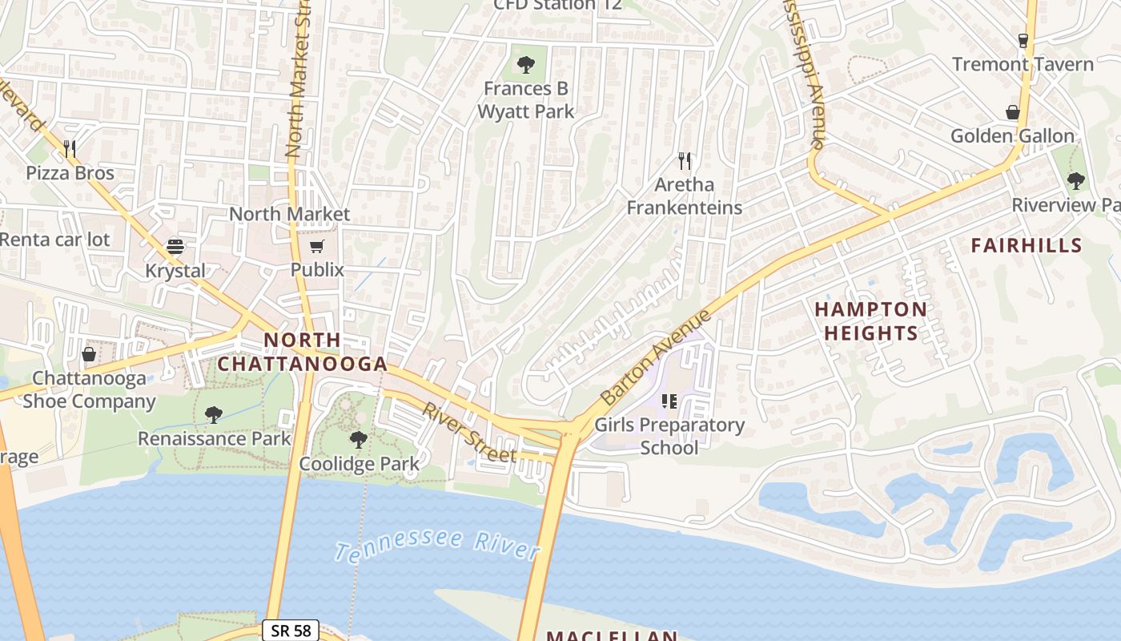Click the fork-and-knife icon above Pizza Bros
click(x=70, y=148)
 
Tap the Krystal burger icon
click(x=175, y=246)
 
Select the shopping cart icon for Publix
click(x=317, y=246)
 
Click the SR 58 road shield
click(x=291, y=630)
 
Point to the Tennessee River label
click(x=436, y=545)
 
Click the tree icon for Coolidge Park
click(x=359, y=439)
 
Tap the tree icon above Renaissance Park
click(x=213, y=414)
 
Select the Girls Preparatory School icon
click(x=669, y=401)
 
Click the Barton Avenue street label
click(x=656, y=357)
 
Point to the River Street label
click(x=469, y=433)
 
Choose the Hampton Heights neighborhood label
click(x=870, y=320)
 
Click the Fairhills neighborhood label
click(x=1026, y=245)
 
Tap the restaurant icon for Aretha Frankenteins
click(x=684, y=161)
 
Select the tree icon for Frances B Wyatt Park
click(x=526, y=64)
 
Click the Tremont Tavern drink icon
click(x=1023, y=40)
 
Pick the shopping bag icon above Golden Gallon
click(x=1012, y=112)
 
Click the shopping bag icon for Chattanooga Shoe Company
click(x=89, y=353)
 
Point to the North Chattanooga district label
click(x=303, y=352)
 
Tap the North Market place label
click(x=289, y=214)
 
